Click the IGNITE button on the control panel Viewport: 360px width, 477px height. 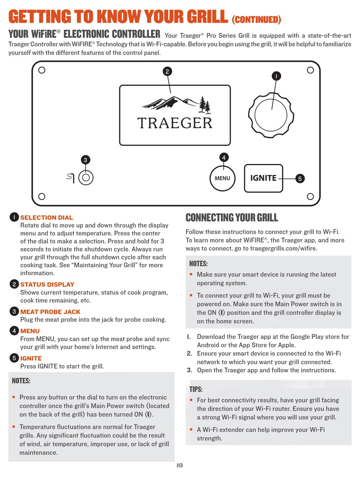pyautogui.click(x=263, y=178)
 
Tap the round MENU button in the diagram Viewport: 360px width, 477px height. pyautogui.click(x=222, y=178)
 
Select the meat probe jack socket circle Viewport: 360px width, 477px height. pyautogui.click(x=86, y=177)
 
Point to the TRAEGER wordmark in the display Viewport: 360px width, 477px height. pyautogui.click(x=175, y=123)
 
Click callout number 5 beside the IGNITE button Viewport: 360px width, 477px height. pyautogui.click(x=300, y=179)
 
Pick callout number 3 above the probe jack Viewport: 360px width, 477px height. pyautogui.click(x=86, y=160)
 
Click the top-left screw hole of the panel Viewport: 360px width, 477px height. pyautogui.click(x=42, y=70)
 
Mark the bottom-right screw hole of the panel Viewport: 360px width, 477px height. pyautogui.click(x=310, y=196)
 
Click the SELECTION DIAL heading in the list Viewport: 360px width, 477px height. pyautogui.click(x=47, y=218)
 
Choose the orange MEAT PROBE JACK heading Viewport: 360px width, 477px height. pyautogui.click(x=50, y=312)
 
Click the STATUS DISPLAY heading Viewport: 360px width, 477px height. pyautogui.click(x=47, y=284)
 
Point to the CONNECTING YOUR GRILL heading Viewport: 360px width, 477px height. pyautogui.click(x=232, y=218)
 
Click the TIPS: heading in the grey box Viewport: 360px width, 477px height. pyautogui.click(x=196, y=389)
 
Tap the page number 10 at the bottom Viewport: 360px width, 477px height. pyautogui.click(x=180, y=465)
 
